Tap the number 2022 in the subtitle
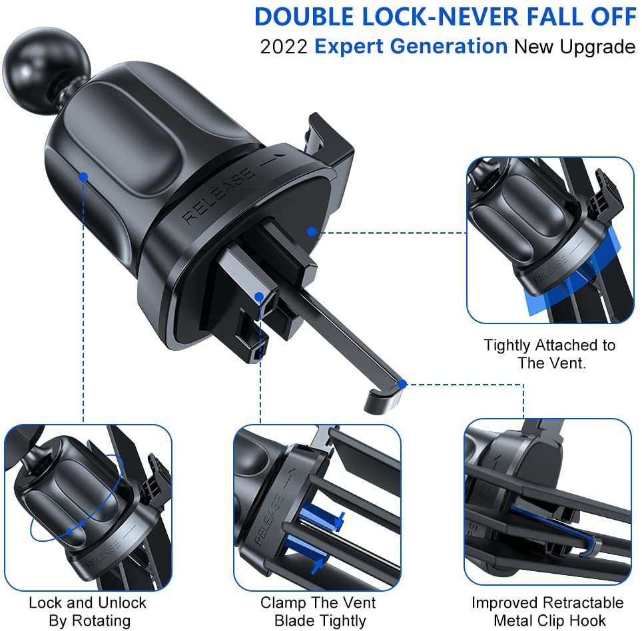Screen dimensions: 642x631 (284, 47)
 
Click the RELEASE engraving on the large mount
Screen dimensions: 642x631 (218, 195)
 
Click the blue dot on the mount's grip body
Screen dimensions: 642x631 (83, 177)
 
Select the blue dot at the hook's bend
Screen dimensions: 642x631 (402, 384)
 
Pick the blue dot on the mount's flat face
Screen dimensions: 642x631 (312, 232)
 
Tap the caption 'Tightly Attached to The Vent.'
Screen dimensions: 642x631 (549, 354)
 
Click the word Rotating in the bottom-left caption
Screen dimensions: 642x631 (101, 621)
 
